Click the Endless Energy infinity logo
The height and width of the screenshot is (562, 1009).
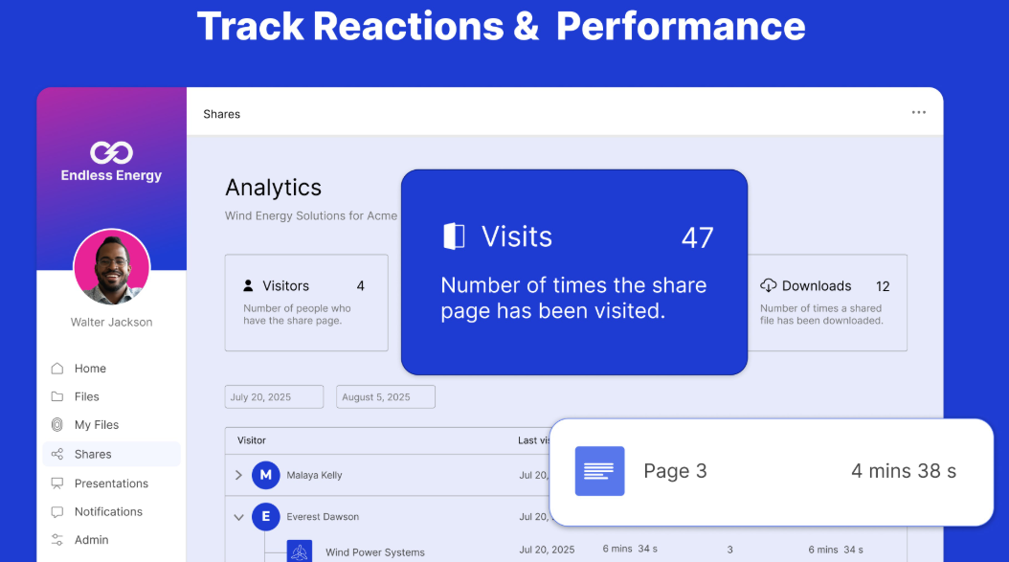[111, 152]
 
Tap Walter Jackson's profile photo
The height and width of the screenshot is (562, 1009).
[112, 267]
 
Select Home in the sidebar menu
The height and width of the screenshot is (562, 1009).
[90, 369]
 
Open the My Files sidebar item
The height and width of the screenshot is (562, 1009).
[96, 425]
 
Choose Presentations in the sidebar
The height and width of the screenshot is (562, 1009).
[111, 483]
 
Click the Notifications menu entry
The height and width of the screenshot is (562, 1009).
[108, 512]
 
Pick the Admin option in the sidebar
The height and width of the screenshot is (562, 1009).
[91, 540]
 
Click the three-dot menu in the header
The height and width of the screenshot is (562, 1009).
[919, 113]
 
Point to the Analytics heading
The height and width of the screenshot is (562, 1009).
[273, 188]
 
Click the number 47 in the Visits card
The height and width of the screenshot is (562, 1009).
[697, 237]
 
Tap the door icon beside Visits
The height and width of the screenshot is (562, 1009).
[454, 236]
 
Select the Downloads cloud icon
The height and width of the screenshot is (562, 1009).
[768, 285]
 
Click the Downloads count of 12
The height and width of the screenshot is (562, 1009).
[883, 286]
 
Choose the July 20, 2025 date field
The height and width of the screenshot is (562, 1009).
[275, 397]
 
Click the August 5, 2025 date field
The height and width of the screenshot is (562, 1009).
[385, 397]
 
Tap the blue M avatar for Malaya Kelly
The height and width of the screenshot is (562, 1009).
[266, 475]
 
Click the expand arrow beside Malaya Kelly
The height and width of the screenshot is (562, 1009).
[238, 475]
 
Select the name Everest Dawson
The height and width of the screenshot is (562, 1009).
[323, 517]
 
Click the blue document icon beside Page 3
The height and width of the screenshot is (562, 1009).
[599, 471]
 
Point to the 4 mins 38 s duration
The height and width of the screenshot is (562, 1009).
[903, 471]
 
